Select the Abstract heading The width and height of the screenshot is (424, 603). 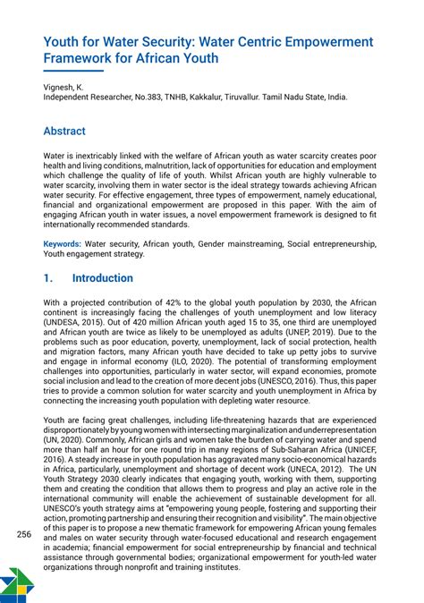tap(64, 132)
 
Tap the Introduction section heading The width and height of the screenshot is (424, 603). tap(102, 278)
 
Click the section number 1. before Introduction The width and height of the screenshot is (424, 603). tap(49, 278)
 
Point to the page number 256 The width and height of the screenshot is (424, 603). tap(25, 535)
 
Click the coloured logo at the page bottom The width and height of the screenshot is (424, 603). tap(12, 584)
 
